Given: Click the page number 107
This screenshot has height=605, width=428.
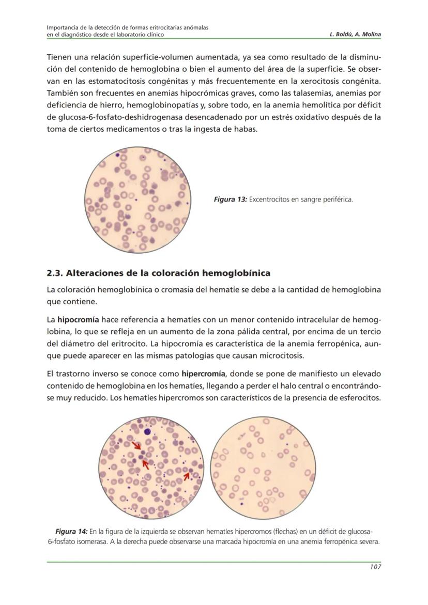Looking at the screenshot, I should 375,567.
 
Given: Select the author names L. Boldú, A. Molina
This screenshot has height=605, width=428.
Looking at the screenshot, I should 355,35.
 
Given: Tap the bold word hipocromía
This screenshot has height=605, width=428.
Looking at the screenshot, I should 78,319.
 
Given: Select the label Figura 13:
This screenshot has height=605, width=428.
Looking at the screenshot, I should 230,199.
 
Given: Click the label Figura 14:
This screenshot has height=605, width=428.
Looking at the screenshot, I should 71,532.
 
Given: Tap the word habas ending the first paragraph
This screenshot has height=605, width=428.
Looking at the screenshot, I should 244,129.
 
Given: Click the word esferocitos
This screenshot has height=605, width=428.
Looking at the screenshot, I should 357,398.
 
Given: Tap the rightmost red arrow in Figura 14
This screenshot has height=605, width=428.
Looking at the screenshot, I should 187,475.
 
